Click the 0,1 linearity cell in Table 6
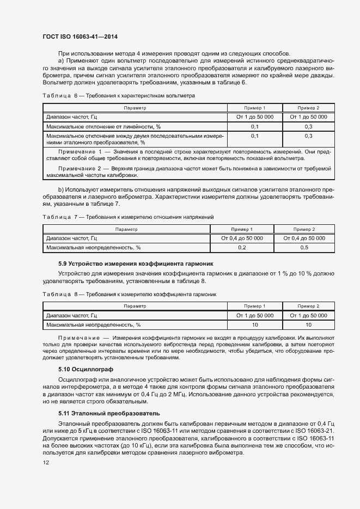(254, 126)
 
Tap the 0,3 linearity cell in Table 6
(308, 126)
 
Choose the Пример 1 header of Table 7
(242, 229)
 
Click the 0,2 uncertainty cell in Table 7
(242, 248)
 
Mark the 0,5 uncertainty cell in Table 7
(304, 248)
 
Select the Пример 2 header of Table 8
(308, 306)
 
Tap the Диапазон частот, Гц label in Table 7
(71, 238)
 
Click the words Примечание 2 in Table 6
(80, 169)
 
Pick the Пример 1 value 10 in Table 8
(254, 325)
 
